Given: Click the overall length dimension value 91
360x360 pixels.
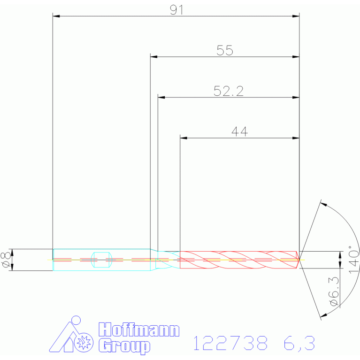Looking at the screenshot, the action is coord(176,10).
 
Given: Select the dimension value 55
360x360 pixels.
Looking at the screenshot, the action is coord(225,51).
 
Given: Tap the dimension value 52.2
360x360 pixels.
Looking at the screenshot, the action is coord(229,91).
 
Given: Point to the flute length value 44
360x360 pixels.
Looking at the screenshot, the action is coord(240,132).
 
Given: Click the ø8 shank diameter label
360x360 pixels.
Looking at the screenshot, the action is coord(6,260).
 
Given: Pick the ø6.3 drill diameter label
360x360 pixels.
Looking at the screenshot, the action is coord(334,291).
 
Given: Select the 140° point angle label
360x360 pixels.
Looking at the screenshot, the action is coord(354,260).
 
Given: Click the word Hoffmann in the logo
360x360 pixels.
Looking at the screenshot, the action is coord(139,329).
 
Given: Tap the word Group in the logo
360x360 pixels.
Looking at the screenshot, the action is coord(124,346).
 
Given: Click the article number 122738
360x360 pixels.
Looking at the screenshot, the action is coord(230,343).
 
